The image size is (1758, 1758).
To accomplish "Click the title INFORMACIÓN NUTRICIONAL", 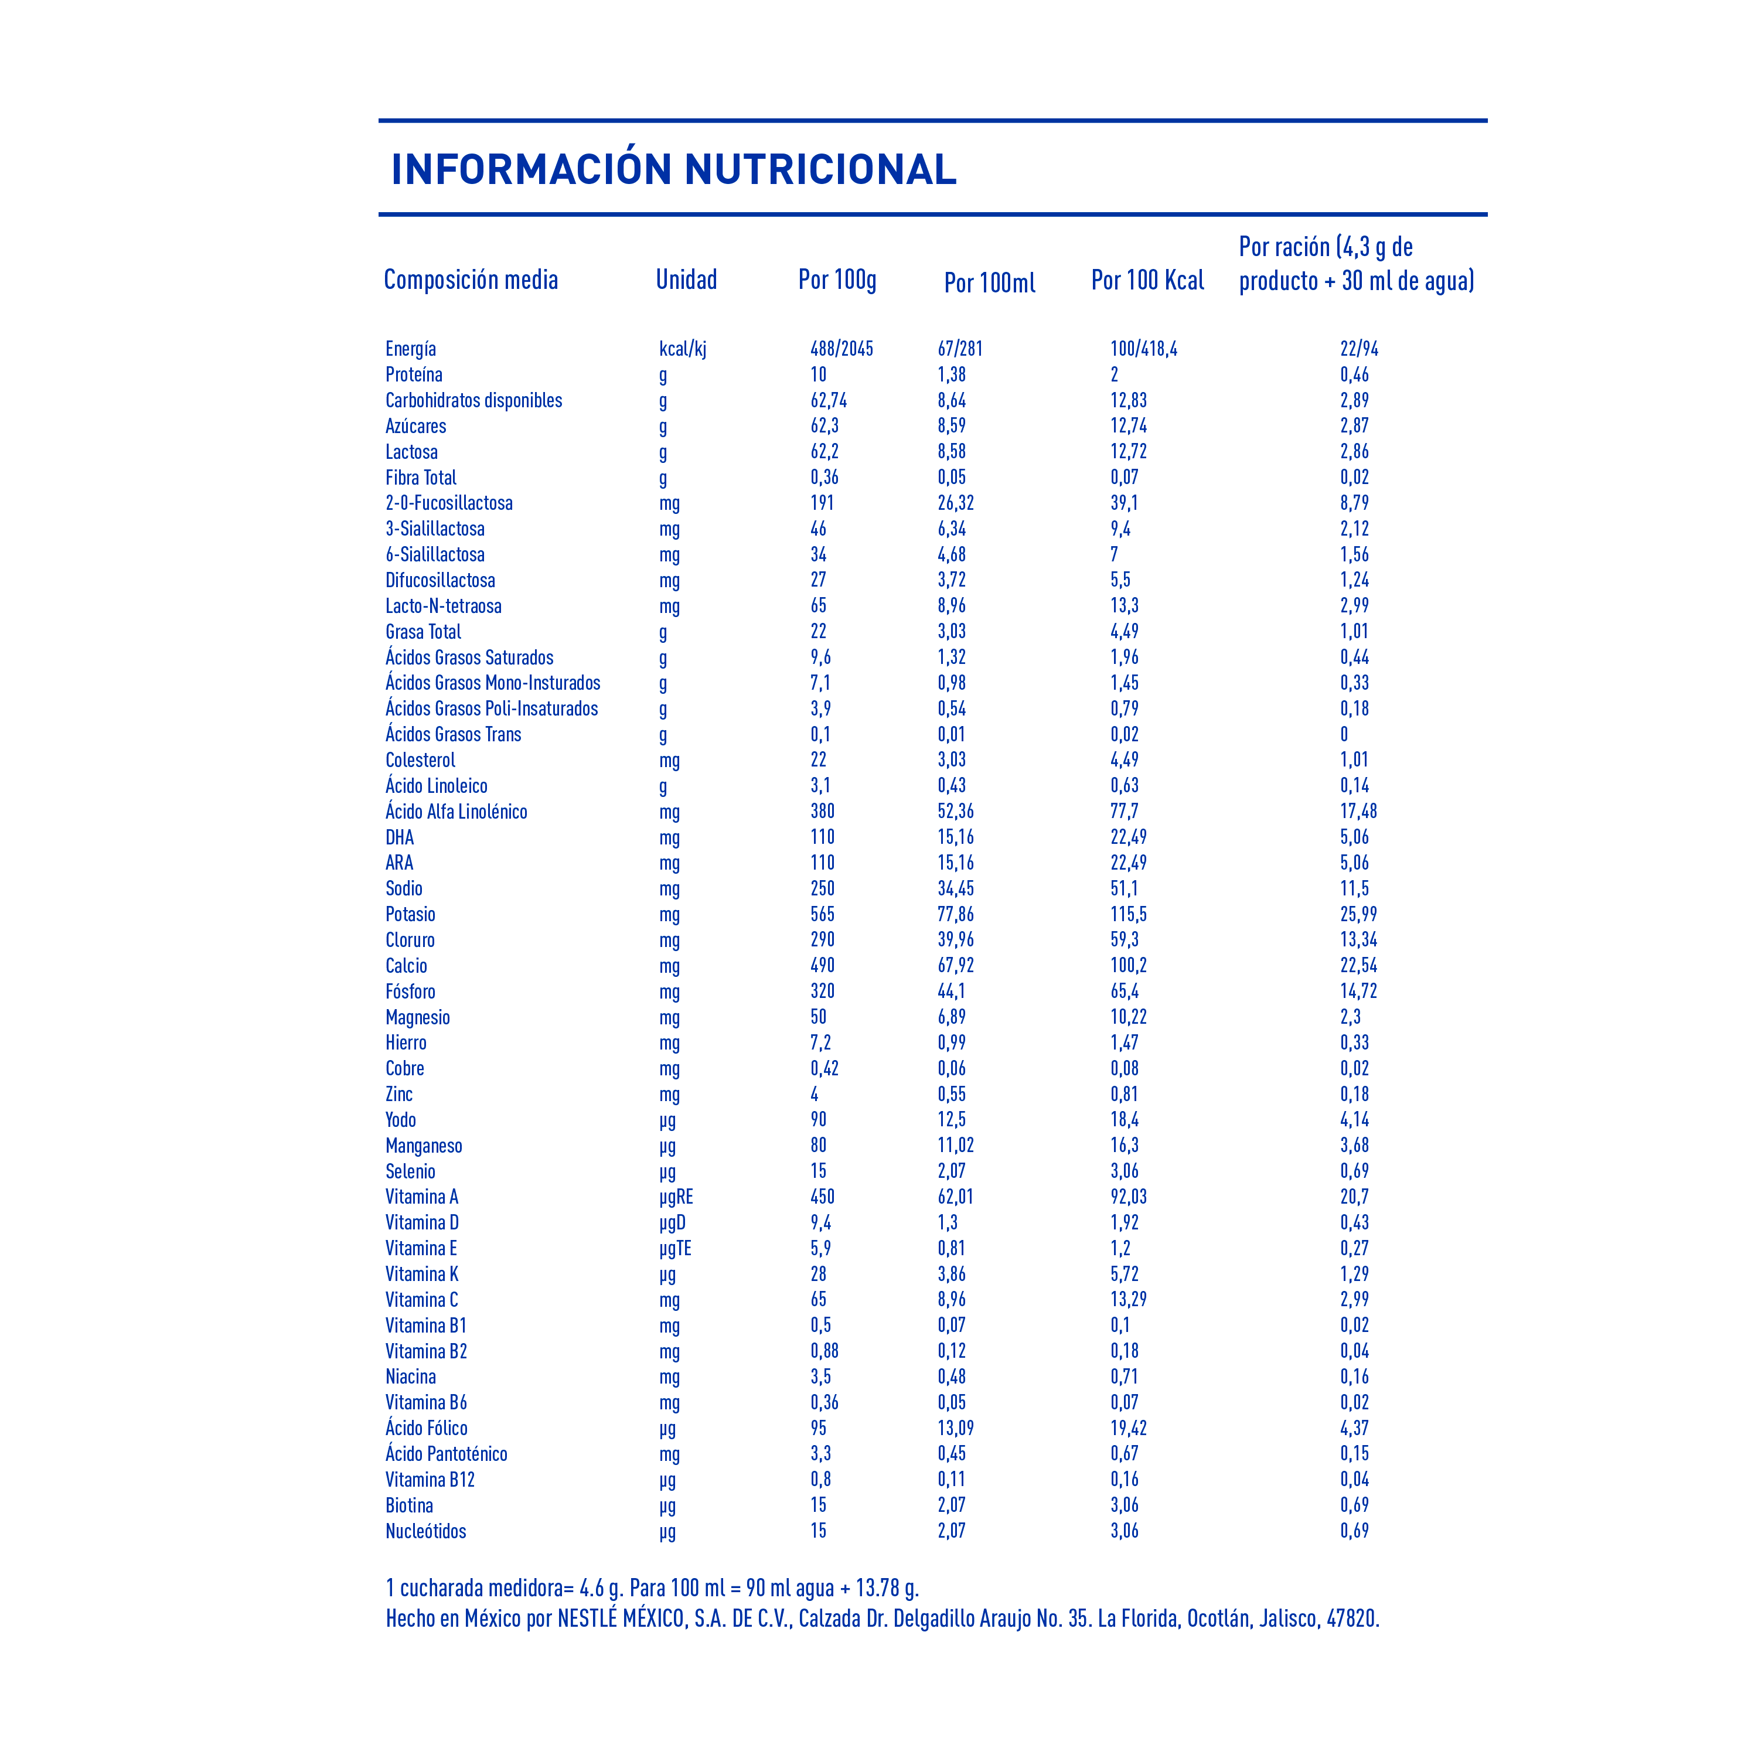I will pos(673,169).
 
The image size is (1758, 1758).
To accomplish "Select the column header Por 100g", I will pos(837,280).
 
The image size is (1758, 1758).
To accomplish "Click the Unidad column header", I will pos(686,280).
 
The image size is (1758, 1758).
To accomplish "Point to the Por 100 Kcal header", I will pos(1147,280).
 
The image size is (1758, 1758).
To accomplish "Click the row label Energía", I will pos(410,349).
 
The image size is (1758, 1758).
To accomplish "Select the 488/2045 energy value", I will pos(841,349).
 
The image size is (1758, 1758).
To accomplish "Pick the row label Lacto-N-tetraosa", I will pos(443,606).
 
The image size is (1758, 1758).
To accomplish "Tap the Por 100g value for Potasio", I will pos(823,914).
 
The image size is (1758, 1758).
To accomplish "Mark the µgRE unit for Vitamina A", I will pos(676,1197).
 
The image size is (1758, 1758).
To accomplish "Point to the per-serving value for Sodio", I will pos(1354,888).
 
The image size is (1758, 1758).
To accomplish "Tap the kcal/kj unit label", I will pos(683,349).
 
